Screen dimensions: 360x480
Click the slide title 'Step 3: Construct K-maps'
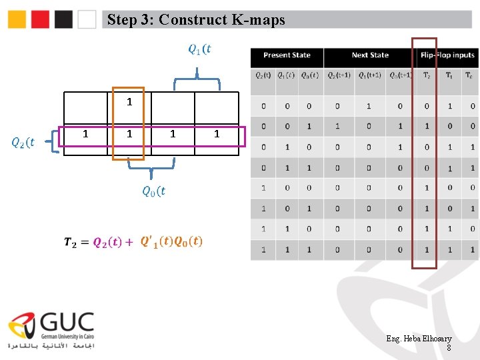point(195,19)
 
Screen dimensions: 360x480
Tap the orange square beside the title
point(17,19)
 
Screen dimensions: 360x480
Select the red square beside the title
point(40,19)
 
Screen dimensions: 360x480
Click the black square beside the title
point(63,19)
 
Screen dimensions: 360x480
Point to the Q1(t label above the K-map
point(199,49)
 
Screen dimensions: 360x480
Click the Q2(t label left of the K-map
point(23,141)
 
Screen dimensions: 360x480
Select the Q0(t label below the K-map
point(153,191)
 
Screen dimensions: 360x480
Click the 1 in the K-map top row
point(129,103)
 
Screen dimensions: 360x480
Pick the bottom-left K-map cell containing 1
point(85,135)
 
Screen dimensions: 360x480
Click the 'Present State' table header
point(287,55)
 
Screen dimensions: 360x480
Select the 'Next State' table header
point(370,55)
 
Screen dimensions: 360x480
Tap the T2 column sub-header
point(427,75)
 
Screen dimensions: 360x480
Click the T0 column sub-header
point(469,75)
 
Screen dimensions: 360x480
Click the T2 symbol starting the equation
point(69,243)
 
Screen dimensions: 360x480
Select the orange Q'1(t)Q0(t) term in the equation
point(171,241)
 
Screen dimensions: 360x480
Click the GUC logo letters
point(67,323)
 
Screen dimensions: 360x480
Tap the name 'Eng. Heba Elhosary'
point(419,339)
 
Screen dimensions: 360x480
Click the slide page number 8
point(449,347)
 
